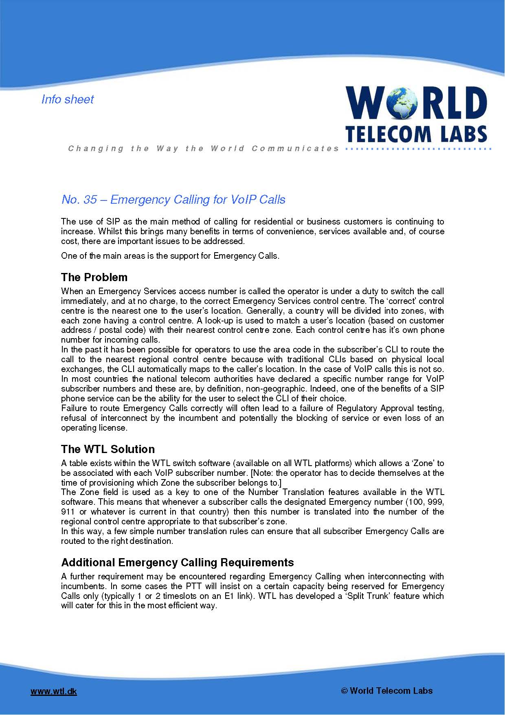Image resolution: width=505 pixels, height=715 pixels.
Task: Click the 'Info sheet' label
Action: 68,99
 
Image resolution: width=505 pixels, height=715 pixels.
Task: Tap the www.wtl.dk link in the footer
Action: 54,691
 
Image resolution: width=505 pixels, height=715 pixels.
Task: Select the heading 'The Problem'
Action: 94,277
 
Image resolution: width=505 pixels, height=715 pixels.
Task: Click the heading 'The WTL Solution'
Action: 108,449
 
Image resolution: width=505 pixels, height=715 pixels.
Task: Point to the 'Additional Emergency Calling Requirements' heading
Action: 178,563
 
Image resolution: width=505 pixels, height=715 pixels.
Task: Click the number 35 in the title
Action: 90,200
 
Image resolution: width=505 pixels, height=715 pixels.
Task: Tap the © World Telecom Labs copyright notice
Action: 386,691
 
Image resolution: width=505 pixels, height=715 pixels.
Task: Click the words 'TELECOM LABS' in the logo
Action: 416,134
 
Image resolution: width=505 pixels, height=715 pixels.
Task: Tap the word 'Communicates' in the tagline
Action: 295,148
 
